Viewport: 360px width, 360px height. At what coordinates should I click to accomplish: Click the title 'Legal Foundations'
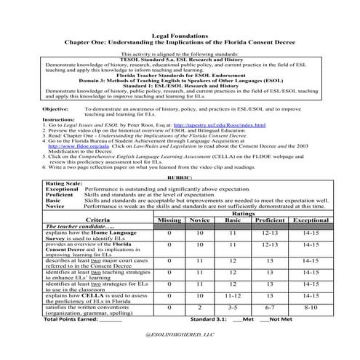point(180,35)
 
